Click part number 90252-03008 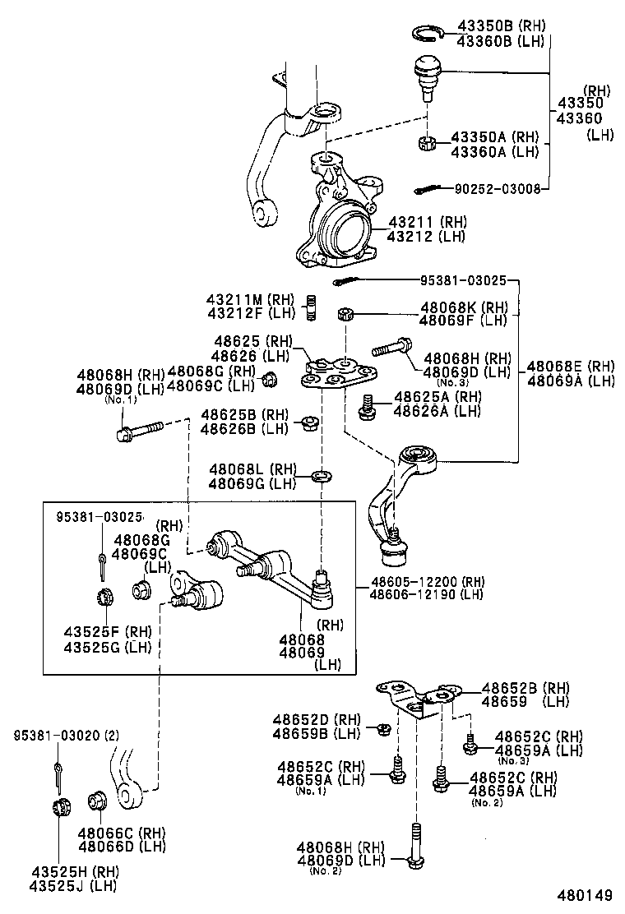point(498,189)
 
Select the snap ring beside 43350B point(427,33)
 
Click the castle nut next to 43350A point(427,144)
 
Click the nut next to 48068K point(345,314)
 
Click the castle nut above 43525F point(103,595)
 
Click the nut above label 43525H point(58,806)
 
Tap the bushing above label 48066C point(95,801)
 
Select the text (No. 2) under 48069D point(325,870)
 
